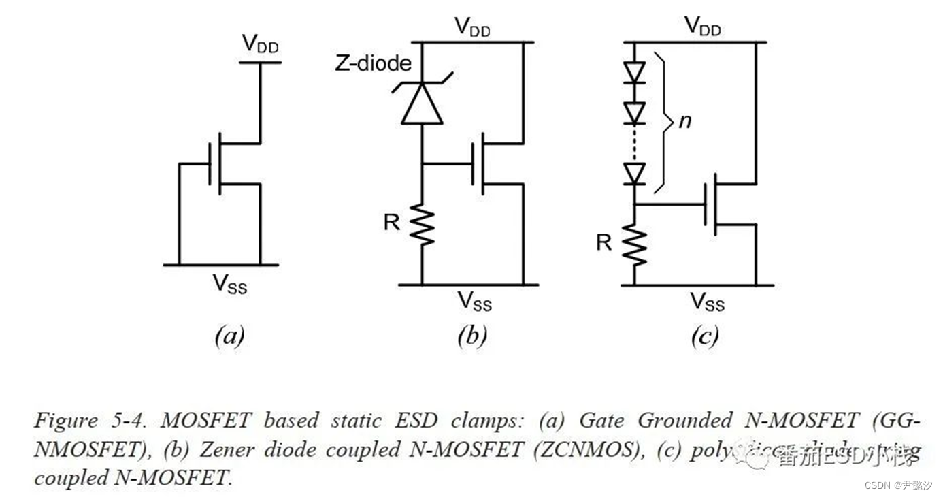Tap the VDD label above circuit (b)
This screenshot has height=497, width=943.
click(472, 27)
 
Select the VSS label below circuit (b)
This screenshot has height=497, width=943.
click(474, 300)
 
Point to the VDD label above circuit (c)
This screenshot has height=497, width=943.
click(702, 27)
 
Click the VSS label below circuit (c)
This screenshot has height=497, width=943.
click(708, 301)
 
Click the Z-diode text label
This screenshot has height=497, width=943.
click(374, 63)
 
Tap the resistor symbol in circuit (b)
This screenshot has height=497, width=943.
click(422, 226)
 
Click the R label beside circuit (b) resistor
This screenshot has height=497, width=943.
click(392, 222)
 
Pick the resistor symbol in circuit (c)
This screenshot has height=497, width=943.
click(634, 244)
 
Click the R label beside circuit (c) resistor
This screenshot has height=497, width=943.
click(603, 242)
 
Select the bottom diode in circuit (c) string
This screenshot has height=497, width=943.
click(634, 174)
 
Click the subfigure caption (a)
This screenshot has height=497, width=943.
click(229, 336)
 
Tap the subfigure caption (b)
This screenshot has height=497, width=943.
click(471, 336)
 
